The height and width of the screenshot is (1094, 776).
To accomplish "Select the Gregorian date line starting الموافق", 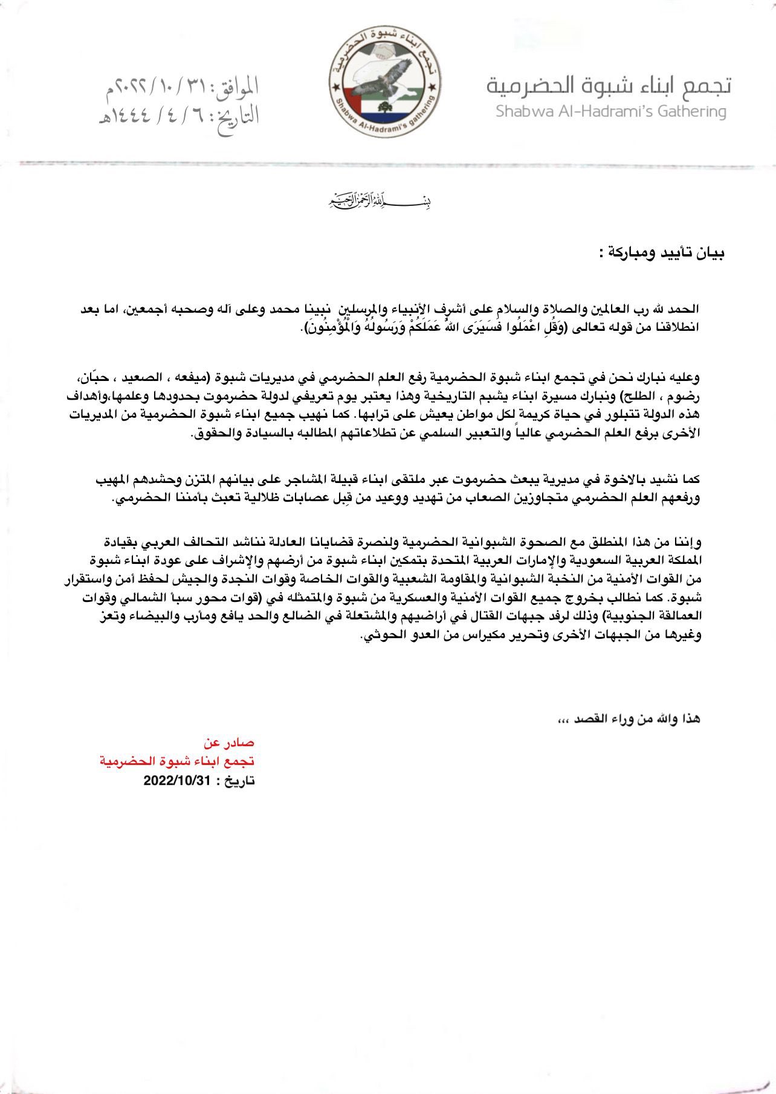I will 181,88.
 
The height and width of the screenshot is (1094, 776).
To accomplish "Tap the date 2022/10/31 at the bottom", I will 176,781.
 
